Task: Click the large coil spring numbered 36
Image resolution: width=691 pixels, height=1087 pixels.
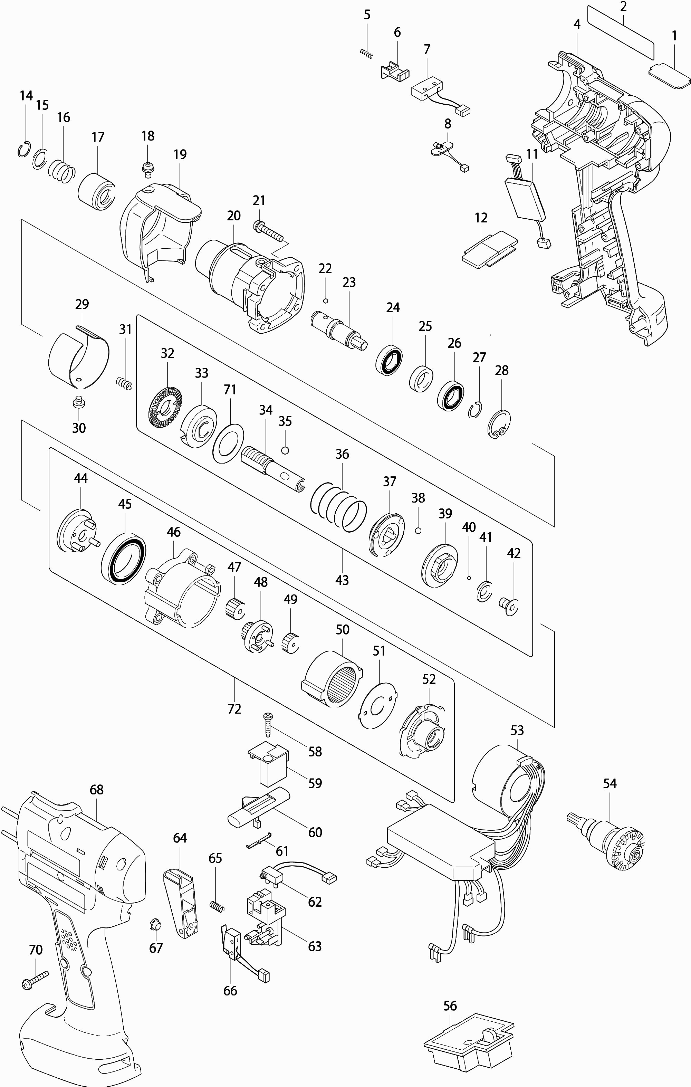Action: (338, 506)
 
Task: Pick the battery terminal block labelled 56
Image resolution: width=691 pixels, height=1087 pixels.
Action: (469, 1057)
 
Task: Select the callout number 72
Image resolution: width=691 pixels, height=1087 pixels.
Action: (234, 709)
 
